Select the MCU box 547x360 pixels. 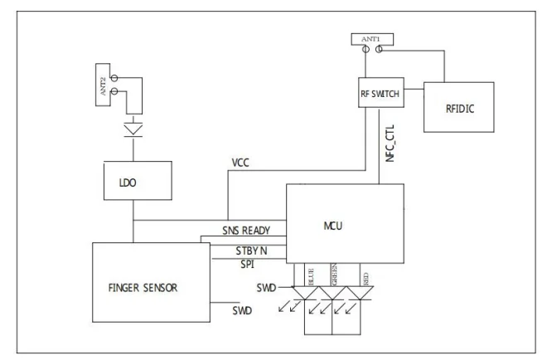tap(345, 225)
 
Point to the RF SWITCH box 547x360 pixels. tap(380, 95)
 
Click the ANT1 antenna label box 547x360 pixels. tap(370, 38)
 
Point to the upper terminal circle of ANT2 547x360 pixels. tap(114, 78)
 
